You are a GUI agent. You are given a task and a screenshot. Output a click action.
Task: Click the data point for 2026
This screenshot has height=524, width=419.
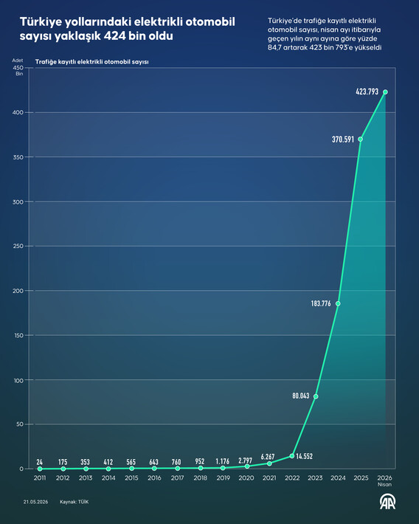pyautogui.click(x=385, y=92)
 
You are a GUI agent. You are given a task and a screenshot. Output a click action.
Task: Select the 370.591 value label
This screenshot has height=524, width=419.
pyautogui.click(x=343, y=139)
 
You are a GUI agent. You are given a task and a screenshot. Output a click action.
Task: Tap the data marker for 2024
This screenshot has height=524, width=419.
pyautogui.click(x=338, y=303)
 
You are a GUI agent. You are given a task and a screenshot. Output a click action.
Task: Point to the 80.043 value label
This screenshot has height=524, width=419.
pyautogui.click(x=301, y=396)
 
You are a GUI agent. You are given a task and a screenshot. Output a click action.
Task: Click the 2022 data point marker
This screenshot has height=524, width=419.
pyautogui.click(x=292, y=456)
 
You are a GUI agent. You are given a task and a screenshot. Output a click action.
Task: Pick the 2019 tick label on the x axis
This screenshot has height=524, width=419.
pyautogui.click(x=224, y=478)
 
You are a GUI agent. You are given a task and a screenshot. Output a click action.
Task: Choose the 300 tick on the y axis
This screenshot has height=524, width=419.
pyautogui.click(x=18, y=201)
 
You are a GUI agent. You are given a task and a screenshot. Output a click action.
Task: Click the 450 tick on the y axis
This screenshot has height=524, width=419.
pyautogui.click(x=18, y=68)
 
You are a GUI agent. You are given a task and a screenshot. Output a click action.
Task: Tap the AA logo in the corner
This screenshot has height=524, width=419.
pyautogui.click(x=387, y=502)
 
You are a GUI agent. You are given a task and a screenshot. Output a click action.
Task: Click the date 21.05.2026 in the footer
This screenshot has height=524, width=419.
pyautogui.click(x=35, y=502)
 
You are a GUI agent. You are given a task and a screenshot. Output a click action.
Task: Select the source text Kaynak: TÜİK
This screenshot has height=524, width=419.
pyautogui.click(x=75, y=502)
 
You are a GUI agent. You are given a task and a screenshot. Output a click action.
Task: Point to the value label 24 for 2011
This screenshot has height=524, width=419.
pyautogui.click(x=39, y=462)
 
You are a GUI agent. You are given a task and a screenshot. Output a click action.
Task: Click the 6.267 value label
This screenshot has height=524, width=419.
pyautogui.click(x=268, y=457)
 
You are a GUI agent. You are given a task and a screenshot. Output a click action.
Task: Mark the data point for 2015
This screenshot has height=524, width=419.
pyautogui.click(x=131, y=468)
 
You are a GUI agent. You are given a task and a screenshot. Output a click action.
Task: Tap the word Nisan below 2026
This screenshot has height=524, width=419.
pyautogui.click(x=384, y=484)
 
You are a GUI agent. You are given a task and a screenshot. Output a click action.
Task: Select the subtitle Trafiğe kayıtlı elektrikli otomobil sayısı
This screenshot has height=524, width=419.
pyautogui.click(x=92, y=62)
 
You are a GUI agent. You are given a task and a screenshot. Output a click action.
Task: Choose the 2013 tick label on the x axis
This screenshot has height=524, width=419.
pyautogui.click(x=86, y=478)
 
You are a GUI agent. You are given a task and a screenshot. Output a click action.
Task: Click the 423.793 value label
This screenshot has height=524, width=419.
pyautogui.click(x=367, y=92)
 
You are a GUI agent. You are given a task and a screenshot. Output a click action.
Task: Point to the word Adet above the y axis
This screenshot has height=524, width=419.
pyautogui.click(x=18, y=61)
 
